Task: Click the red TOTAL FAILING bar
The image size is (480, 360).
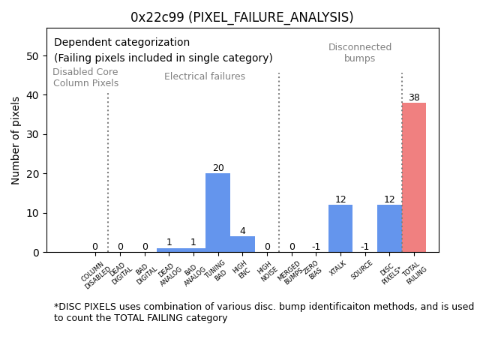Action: (x=414, y=178)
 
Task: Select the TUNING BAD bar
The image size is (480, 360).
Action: (x=217, y=213)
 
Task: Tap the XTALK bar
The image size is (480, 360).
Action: (x=340, y=229)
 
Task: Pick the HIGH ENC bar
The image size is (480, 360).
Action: (x=242, y=244)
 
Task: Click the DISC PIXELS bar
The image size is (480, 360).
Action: (x=389, y=229)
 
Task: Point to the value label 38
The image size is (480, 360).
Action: (x=414, y=97)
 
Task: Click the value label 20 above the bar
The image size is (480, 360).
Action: (x=217, y=168)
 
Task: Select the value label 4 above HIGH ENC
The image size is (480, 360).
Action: (x=242, y=231)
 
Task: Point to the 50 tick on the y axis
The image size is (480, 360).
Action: (x=34, y=56)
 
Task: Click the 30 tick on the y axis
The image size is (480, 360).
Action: (x=34, y=135)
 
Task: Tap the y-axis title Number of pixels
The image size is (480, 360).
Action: (x=16, y=140)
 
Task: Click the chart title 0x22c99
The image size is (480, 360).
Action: (x=241, y=17)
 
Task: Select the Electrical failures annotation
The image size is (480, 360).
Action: (x=205, y=76)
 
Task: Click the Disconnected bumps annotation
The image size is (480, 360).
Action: (x=360, y=52)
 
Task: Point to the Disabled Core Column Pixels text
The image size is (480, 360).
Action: (x=85, y=77)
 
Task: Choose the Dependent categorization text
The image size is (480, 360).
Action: (x=121, y=43)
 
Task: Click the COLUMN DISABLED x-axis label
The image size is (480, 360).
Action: (x=96, y=275)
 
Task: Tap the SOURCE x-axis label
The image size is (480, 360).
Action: (x=362, y=270)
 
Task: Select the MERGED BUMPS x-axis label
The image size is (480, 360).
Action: (x=291, y=274)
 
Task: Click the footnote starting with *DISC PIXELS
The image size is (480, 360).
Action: (x=263, y=312)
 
